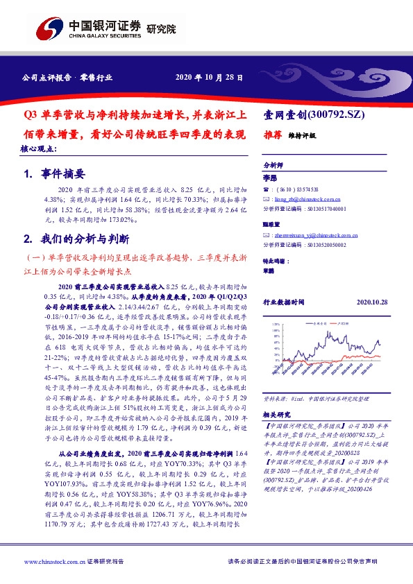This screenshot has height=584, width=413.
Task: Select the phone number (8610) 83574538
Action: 290,189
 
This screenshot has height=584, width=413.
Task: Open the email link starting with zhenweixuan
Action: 305,235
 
